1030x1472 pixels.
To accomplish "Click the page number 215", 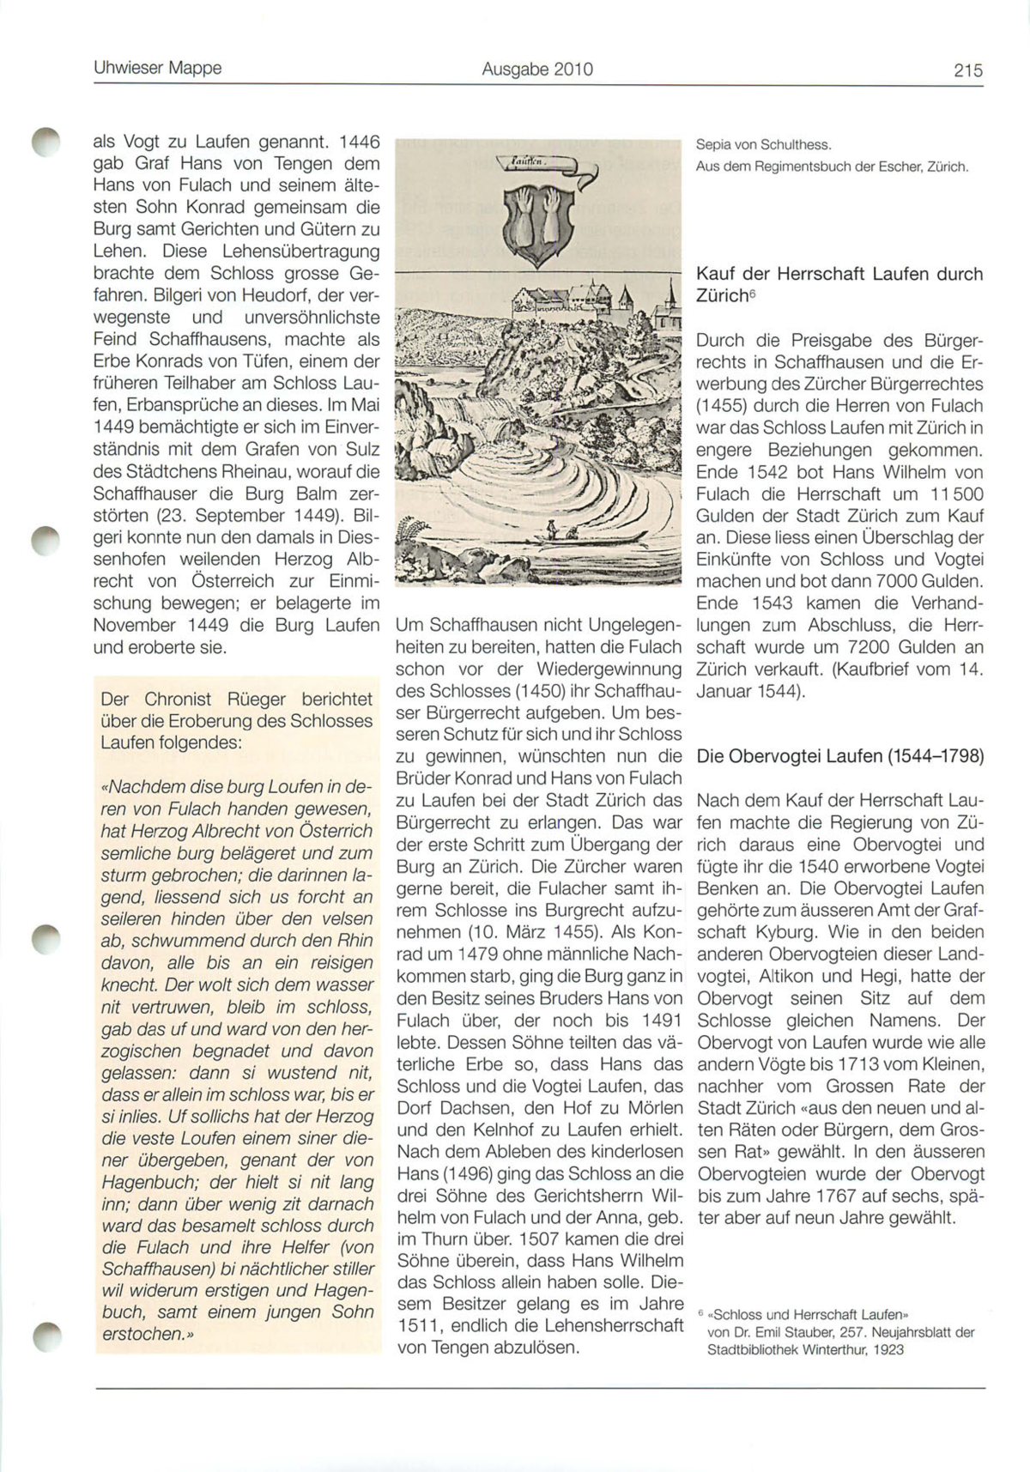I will tap(967, 70).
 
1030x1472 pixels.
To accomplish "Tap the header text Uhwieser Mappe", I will tap(157, 68).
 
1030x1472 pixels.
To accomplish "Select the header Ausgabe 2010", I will tap(537, 70).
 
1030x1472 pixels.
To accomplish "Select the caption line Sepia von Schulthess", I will tap(764, 145).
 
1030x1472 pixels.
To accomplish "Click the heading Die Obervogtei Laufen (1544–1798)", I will tap(839, 756).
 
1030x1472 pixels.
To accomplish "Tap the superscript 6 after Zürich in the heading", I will tap(751, 292).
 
